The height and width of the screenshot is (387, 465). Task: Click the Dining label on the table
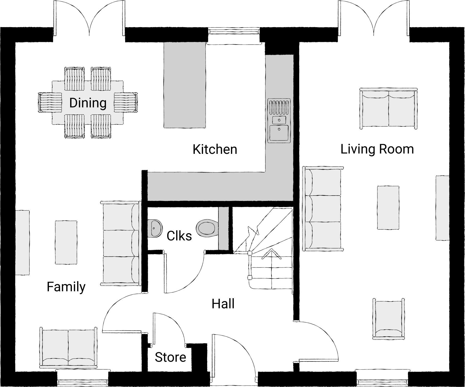[88, 103]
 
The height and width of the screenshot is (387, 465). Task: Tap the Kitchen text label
[215, 149]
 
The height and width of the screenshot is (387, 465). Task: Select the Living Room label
[377, 149]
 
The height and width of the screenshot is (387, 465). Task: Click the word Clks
[179, 236]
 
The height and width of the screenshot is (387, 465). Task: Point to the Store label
[170, 357]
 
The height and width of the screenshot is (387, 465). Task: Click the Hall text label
[223, 304]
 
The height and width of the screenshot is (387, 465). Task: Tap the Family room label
[66, 287]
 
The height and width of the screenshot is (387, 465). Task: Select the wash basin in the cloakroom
[155, 228]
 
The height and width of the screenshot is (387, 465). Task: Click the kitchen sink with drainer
[279, 120]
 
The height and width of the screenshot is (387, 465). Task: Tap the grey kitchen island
[185, 85]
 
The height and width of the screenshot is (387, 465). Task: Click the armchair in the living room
[388, 319]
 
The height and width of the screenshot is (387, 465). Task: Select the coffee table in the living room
[388, 208]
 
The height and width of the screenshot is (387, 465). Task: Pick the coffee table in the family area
[66, 242]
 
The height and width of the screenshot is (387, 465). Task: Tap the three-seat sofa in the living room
[323, 209]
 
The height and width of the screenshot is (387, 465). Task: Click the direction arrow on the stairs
[271, 256]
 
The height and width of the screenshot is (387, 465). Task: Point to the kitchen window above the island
[234, 32]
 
